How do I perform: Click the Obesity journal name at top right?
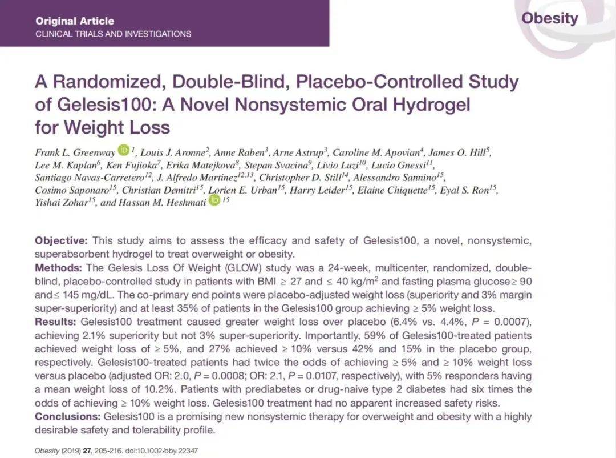point(549,18)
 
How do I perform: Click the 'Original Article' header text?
point(75,21)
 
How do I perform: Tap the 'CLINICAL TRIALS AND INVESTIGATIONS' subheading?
point(113,34)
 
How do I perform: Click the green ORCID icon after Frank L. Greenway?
point(124,151)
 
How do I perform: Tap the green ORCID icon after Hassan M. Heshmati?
point(214,200)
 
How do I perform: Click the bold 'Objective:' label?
point(61,240)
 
